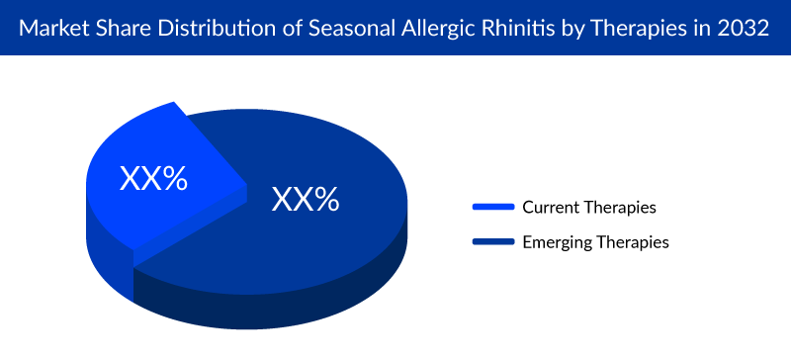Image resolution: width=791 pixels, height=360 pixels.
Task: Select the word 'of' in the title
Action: (266, 27)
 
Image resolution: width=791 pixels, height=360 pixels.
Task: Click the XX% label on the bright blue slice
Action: (153, 179)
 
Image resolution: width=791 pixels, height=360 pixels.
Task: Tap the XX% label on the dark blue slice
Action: (306, 200)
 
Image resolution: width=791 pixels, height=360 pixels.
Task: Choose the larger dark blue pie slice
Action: (316, 158)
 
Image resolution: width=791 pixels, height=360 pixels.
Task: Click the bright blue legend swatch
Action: (493, 207)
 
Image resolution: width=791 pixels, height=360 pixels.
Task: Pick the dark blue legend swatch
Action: (493, 240)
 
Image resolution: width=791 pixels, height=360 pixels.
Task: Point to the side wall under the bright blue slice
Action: (109, 232)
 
